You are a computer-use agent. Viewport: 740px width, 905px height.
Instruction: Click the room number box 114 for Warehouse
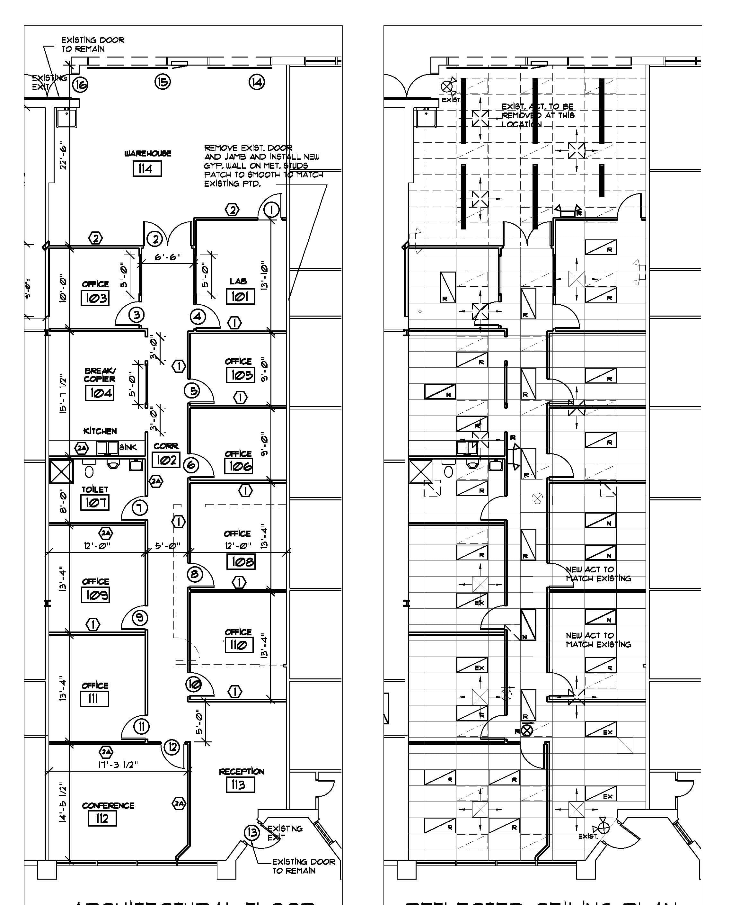coord(147,169)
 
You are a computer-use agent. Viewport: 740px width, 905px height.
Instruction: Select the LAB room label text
coord(238,282)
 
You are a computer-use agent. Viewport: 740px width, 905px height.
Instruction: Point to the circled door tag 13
coord(252,832)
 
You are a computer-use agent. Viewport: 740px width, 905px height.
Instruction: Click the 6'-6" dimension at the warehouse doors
coord(168,257)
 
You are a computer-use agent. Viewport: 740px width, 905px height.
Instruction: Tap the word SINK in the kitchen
coord(128,447)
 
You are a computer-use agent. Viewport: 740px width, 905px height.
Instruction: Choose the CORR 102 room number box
coord(166,460)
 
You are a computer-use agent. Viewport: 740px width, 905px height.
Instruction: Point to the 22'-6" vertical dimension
coord(63,155)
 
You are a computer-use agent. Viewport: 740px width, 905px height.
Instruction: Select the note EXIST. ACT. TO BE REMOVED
coord(538,115)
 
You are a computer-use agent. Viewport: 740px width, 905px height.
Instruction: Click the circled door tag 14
coord(257,82)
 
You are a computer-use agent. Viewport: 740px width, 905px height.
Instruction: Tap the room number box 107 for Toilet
coord(95,502)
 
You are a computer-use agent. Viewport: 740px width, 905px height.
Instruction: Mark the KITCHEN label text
coord(100,431)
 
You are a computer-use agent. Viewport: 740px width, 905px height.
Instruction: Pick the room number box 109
coord(95,595)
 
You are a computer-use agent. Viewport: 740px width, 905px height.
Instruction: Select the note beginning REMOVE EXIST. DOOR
coord(263,166)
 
